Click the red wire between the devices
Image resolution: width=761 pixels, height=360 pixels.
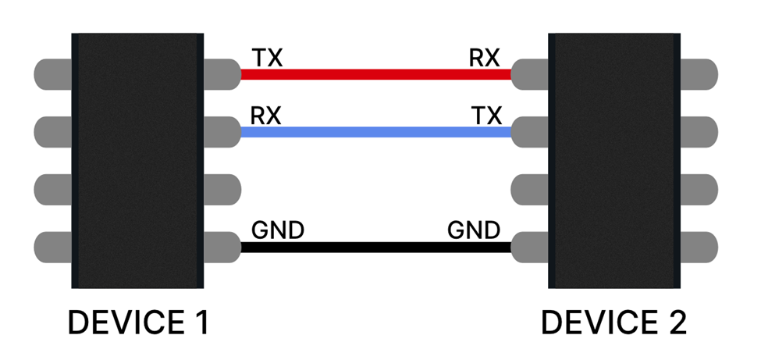coord(375,75)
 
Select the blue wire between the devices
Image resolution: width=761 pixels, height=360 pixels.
coord(375,133)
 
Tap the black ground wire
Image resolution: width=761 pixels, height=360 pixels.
coord(375,248)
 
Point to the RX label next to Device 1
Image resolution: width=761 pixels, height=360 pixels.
coord(265,116)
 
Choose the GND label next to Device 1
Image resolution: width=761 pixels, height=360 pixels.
coord(277,230)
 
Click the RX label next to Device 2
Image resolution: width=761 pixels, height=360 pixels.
coord(484,58)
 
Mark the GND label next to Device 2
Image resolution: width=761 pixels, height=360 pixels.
coord(474,230)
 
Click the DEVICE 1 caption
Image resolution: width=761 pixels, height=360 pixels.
coord(138,323)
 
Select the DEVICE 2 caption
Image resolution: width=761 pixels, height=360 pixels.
coord(614,323)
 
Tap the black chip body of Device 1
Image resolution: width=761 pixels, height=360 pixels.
coord(138,160)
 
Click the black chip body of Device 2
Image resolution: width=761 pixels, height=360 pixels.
coord(614,160)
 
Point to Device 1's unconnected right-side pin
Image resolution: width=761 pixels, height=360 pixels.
coord(222,190)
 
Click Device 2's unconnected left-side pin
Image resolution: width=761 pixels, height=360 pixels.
coord(530,190)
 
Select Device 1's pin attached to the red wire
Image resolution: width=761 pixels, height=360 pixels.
coord(222,75)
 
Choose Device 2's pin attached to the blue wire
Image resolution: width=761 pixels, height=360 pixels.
coord(530,133)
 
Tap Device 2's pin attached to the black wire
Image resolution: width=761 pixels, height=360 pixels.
coord(530,248)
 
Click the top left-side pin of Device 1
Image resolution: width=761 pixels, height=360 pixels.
coord(53,75)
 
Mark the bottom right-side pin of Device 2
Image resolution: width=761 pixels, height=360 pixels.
coord(699,248)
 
